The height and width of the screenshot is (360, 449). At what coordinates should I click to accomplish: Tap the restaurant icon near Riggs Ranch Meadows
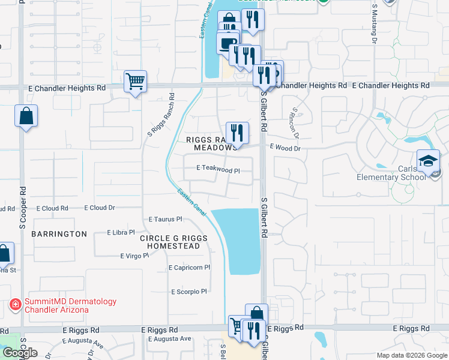click(x=237, y=133)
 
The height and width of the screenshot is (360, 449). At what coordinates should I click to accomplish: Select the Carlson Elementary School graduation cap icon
click(x=429, y=161)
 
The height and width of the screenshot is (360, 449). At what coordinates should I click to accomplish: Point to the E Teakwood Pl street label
click(x=218, y=170)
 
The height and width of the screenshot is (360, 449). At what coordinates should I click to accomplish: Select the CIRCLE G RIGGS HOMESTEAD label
click(x=173, y=242)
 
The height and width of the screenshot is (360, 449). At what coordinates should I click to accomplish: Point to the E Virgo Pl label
click(x=134, y=256)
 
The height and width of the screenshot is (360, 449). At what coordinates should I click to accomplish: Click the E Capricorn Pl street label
click(x=190, y=268)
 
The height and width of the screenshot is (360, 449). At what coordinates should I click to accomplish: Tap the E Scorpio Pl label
click(x=188, y=292)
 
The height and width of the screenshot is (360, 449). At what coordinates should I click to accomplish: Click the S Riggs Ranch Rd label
click(x=159, y=113)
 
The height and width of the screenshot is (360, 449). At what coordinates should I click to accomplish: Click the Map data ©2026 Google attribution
click(x=411, y=355)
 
